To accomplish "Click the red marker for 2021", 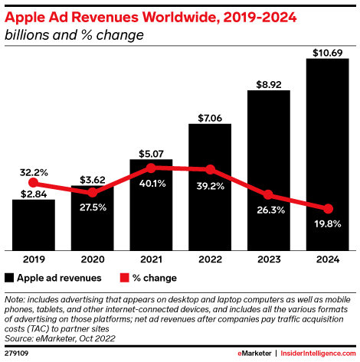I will [x=152, y=168].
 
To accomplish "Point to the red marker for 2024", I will [x=328, y=209].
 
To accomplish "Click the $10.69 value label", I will [x=328, y=51].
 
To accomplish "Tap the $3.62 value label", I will [x=93, y=178].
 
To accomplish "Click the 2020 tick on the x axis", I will [x=93, y=259].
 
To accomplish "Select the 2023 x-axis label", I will [x=269, y=259].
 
